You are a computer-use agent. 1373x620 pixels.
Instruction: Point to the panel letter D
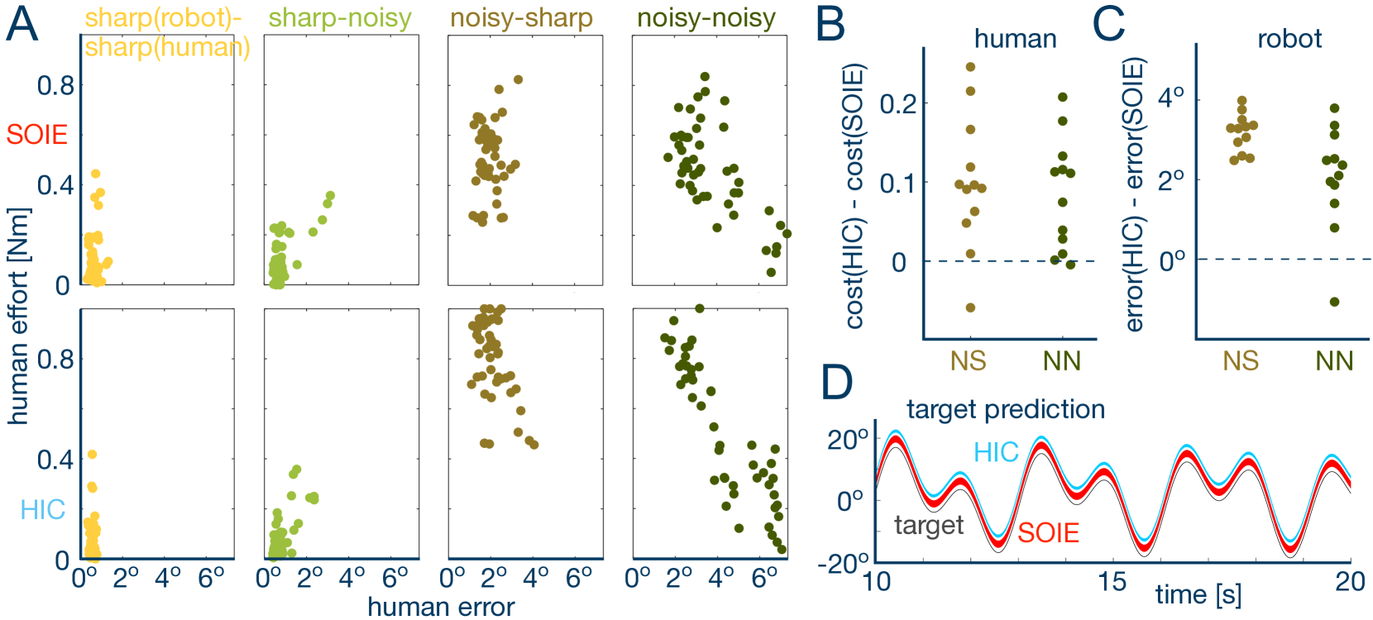point(837,382)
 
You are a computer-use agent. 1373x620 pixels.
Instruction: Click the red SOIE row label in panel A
point(36,134)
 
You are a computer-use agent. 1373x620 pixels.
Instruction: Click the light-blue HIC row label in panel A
point(42,509)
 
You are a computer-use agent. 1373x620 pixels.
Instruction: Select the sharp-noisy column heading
point(340,18)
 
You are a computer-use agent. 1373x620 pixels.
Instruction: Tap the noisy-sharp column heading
point(521,18)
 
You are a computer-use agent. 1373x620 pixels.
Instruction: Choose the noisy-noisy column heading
point(706,18)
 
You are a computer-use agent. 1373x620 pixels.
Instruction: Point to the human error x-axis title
point(441,607)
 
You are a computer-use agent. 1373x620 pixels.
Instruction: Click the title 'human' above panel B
point(1015,39)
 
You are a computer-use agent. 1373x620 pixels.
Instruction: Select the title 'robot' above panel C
point(1289,39)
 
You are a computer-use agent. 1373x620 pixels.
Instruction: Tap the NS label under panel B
point(968,360)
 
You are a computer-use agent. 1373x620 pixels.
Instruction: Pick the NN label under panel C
point(1334,360)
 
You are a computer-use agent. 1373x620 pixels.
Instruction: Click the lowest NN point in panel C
point(1334,302)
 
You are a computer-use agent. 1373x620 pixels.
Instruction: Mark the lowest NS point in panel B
point(971,308)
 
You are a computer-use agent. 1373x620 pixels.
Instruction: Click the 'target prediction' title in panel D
point(1005,409)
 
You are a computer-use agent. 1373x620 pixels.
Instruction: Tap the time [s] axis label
point(1198,594)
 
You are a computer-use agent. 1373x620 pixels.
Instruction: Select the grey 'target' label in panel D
point(929,525)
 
